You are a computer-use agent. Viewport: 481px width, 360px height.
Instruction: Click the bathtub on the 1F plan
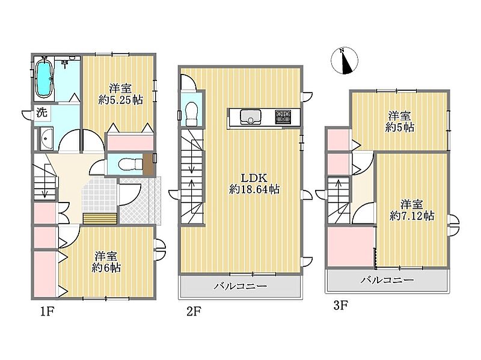tap(43, 78)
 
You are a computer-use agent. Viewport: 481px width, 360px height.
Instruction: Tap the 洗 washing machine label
tap(41, 113)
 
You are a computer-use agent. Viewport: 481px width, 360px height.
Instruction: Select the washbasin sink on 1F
tap(46, 139)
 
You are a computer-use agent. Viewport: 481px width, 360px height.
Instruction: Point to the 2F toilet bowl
tap(192, 114)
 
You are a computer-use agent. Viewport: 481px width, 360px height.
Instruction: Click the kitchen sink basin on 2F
tap(250, 117)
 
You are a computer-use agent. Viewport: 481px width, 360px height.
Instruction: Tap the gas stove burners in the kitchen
tap(283, 117)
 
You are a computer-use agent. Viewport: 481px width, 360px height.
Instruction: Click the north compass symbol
tap(345, 61)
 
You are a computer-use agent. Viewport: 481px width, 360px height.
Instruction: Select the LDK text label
tap(254, 178)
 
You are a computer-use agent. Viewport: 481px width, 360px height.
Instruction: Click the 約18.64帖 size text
tap(254, 189)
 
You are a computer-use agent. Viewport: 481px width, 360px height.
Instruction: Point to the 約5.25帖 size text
tap(121, 100)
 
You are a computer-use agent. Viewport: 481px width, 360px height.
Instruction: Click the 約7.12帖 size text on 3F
tap(412, 216)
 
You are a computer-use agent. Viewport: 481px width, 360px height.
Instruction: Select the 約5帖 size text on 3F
tap(400, 127)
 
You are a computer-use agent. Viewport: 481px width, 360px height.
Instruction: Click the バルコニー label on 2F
tap(240, 287)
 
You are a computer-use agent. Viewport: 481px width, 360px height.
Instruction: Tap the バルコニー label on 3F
tap(387, 279)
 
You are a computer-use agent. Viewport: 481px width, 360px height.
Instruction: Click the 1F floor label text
tap(47, 311)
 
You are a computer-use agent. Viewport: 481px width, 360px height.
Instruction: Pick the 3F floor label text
tap(340, 305)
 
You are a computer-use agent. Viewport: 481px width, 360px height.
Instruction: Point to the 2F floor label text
tap(194, 311)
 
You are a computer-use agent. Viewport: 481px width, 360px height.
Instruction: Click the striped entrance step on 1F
tap(100, 219)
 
